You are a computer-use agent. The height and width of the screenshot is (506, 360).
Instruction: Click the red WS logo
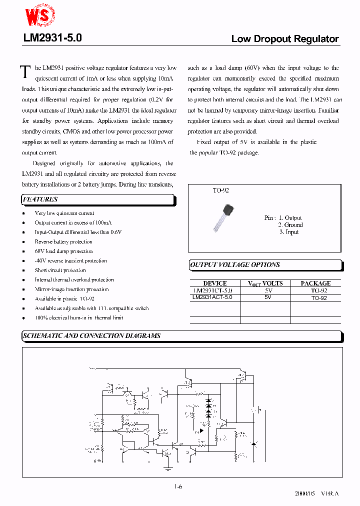click(x=40, y=16)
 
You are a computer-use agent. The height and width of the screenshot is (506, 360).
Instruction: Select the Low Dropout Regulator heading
click(x=284, y=39)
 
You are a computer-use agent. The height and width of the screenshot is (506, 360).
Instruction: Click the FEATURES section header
click(x=40, y=199)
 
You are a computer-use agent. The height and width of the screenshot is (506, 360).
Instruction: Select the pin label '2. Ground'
click(x=290, y=225)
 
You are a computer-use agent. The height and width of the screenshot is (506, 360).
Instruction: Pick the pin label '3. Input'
click(x=288, y=232)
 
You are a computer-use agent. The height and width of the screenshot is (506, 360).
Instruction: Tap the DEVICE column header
click(x=215, y=283)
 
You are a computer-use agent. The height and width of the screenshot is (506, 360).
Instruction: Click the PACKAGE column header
click(x=315, y=283)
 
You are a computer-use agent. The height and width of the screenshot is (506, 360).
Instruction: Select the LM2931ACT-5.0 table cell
click(x=212, y=297)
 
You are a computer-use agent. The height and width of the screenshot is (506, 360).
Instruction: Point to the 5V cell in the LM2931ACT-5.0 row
click(x=268, y=297)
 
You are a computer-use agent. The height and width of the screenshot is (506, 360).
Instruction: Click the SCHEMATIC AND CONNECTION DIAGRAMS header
click(x=92, y=336)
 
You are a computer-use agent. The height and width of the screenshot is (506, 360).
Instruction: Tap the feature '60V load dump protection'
click(x=63, y=251)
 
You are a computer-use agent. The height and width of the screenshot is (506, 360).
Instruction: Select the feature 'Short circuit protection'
click(x=60, y=270)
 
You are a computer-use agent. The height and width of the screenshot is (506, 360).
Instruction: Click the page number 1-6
click(x=178, y=486)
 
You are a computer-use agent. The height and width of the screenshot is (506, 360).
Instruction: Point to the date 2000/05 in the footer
click(x=306, y=493)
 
